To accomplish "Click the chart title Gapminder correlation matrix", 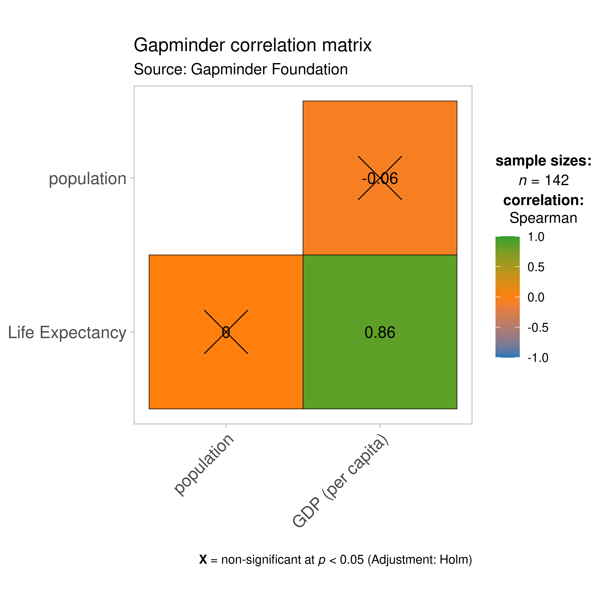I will [x=253, y=45].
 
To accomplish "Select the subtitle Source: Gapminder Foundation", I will [x=241, y=69].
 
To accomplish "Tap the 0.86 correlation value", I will [x=380, y=332].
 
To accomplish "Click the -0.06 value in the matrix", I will [x=380, y=178].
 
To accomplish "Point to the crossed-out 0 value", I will [x=226, y=332].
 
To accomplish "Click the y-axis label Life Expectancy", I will [x=67, y=332].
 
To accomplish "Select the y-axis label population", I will [x=87, y=178].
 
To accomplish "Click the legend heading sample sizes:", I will [x=543, y=161].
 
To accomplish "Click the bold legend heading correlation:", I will [x=543, y=200].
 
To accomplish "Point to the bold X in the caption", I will [x=203, y=560].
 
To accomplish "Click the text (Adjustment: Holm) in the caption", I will [x=420, y=560].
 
